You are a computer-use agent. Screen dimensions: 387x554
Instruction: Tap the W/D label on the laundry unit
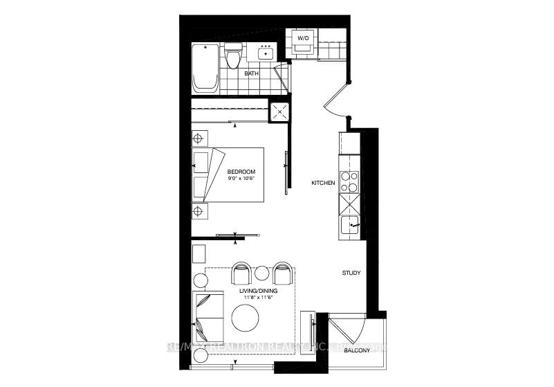[x=302, y=37]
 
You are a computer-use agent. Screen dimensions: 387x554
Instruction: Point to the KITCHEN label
[x=323, y=183]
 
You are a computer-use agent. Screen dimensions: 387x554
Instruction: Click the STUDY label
[x=351, y=273]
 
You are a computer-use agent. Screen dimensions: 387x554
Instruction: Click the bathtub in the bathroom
[x=205, y=69]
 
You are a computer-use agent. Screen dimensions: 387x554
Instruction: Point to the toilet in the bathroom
[x=233, y=57]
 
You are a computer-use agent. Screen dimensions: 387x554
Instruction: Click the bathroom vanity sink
[x=266, y=53]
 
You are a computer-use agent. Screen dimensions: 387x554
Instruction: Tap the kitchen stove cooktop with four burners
[x=349, y=181]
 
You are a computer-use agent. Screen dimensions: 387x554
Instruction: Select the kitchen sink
[x=350, y=226]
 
